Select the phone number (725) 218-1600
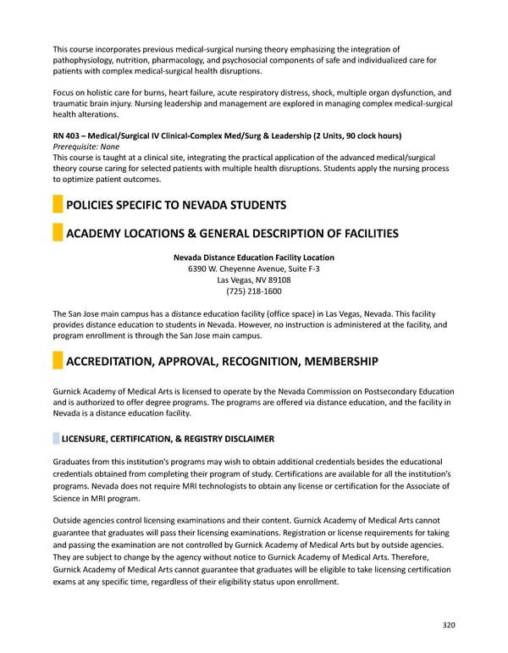point(253,291)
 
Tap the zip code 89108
point(277,280)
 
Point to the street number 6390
point(200,269)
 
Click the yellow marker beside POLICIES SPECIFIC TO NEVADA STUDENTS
point(58,205)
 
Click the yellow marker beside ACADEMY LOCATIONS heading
point(58,233)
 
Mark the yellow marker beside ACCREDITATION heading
point(58,362)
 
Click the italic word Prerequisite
point(77,147)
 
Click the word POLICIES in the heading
point(94,205)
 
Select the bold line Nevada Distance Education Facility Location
point(253,257)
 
